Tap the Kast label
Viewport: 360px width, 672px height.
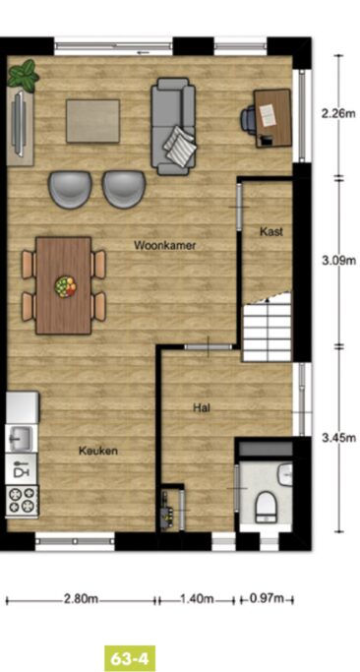271,232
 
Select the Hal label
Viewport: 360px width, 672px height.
202,407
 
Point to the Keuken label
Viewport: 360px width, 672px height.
98,451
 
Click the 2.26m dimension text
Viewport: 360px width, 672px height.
338,114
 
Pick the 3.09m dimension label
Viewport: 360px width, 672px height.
338,260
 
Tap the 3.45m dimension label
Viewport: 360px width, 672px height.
338,438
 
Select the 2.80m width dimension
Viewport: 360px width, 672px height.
81,598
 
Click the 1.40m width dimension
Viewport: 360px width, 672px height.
198,598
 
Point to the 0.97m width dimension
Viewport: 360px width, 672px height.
267,598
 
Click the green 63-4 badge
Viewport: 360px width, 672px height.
130,658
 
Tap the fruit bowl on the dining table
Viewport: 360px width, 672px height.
65,286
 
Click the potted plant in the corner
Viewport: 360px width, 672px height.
24,76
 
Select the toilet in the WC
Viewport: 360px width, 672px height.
267,506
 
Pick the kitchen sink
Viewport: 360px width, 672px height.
20,438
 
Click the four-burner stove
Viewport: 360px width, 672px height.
23,501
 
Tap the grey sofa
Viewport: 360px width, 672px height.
173,126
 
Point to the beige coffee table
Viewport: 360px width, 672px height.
93,121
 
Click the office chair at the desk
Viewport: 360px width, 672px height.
248,117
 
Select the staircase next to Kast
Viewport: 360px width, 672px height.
268,328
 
